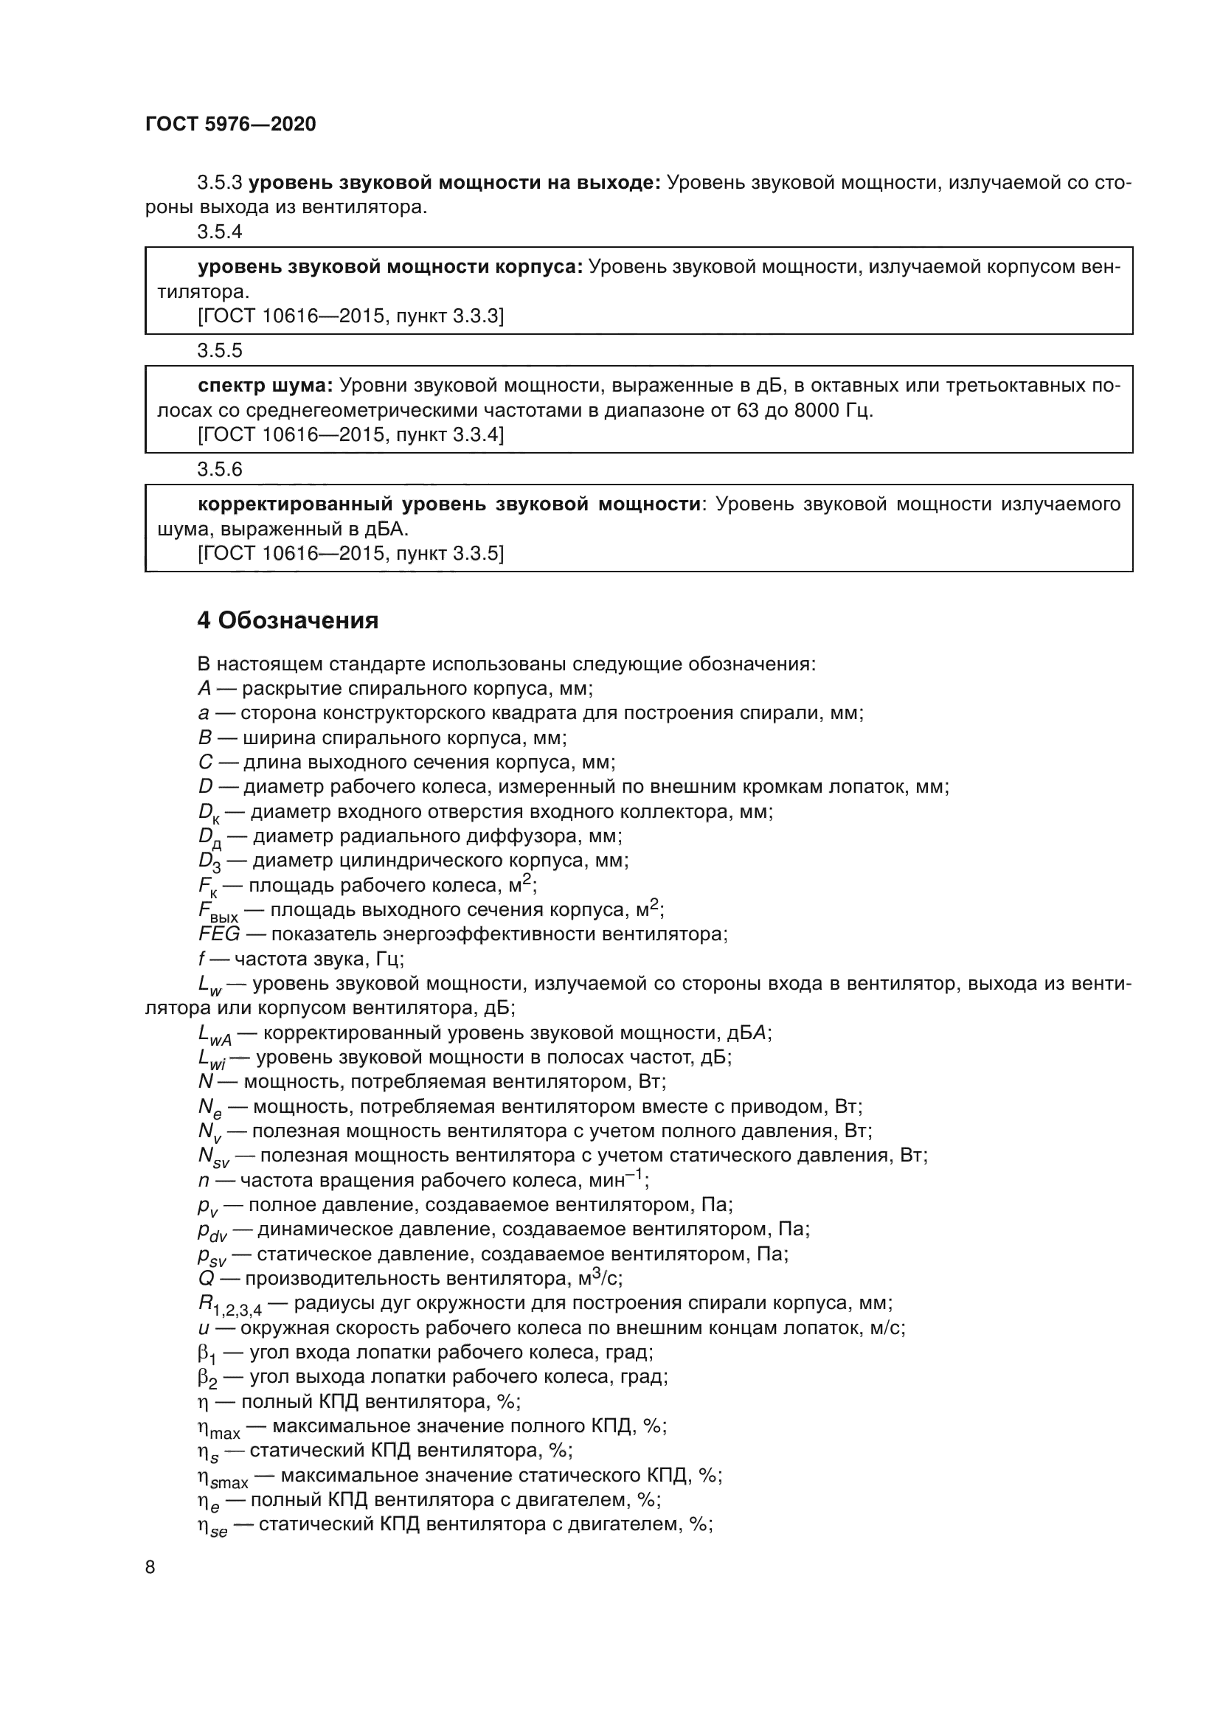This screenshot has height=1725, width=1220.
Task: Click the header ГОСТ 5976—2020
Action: [x=231, y=124]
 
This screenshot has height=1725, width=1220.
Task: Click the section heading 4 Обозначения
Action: [x=288, y=620]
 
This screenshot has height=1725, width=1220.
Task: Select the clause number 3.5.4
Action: [x=219, y=232]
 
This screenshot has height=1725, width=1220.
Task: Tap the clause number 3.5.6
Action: [x=219, y=470]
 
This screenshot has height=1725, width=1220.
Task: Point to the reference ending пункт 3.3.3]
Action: [x=350, y=316]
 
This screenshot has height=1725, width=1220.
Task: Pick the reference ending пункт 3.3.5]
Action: [x=350, y=554]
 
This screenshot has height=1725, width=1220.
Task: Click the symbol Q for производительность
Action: [x=206, y=1279]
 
